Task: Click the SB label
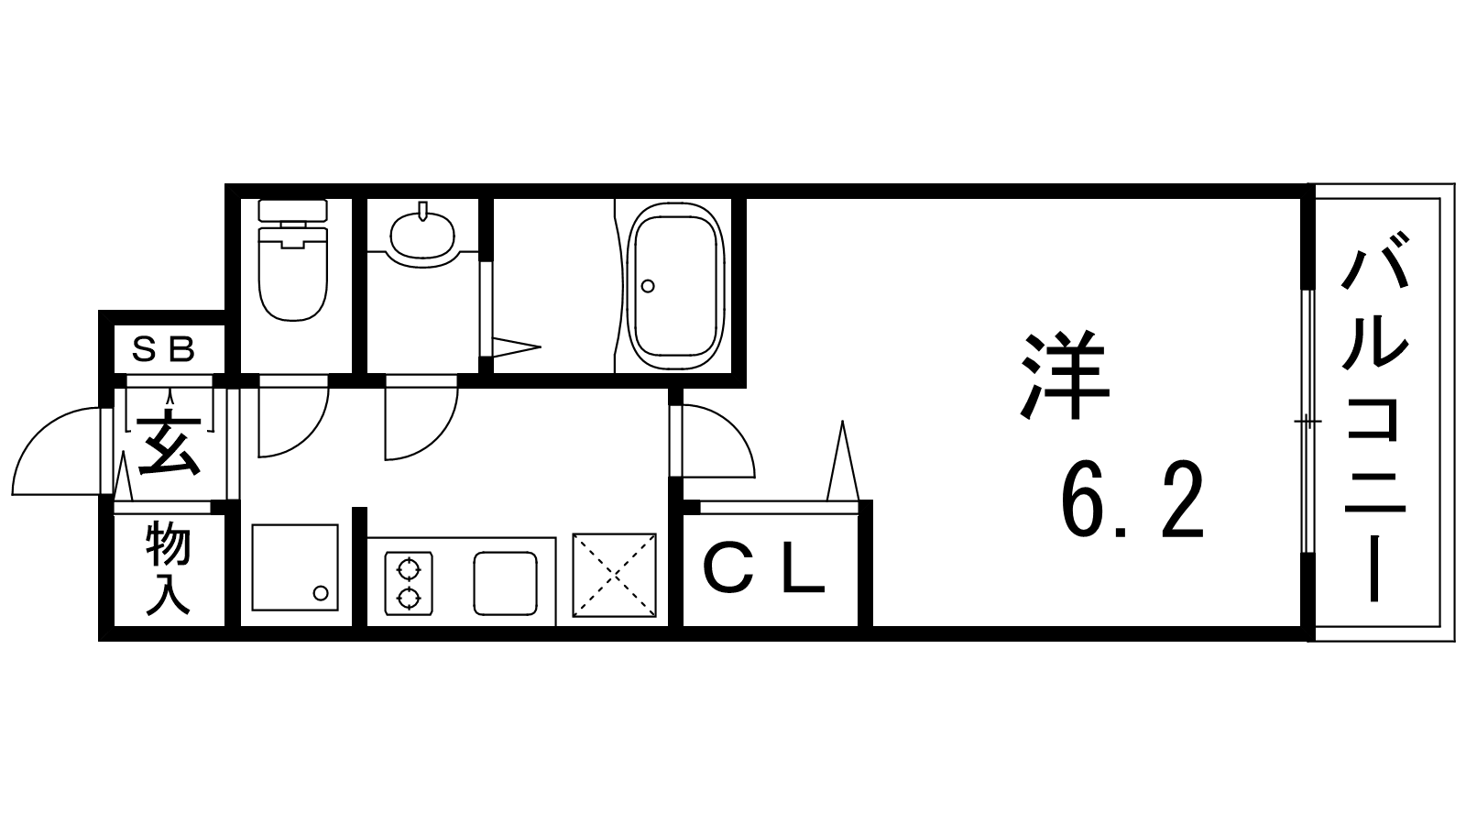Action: [x=164, y=349]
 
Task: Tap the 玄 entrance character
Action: [x=170, y=443]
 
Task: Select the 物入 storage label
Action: [x=169, y=568]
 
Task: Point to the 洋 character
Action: [x=1066, y=375]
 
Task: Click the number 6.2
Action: [x=1132, y=500]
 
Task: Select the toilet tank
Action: [x=292, y=210]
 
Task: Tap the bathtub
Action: [x=675, y=286]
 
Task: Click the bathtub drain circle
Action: [x=648, y=286]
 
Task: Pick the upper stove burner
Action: [x=409, y=569]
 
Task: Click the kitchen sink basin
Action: [x=505, y=583]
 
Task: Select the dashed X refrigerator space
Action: [x=614, y=575]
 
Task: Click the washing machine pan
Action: [x=295, y=567]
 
